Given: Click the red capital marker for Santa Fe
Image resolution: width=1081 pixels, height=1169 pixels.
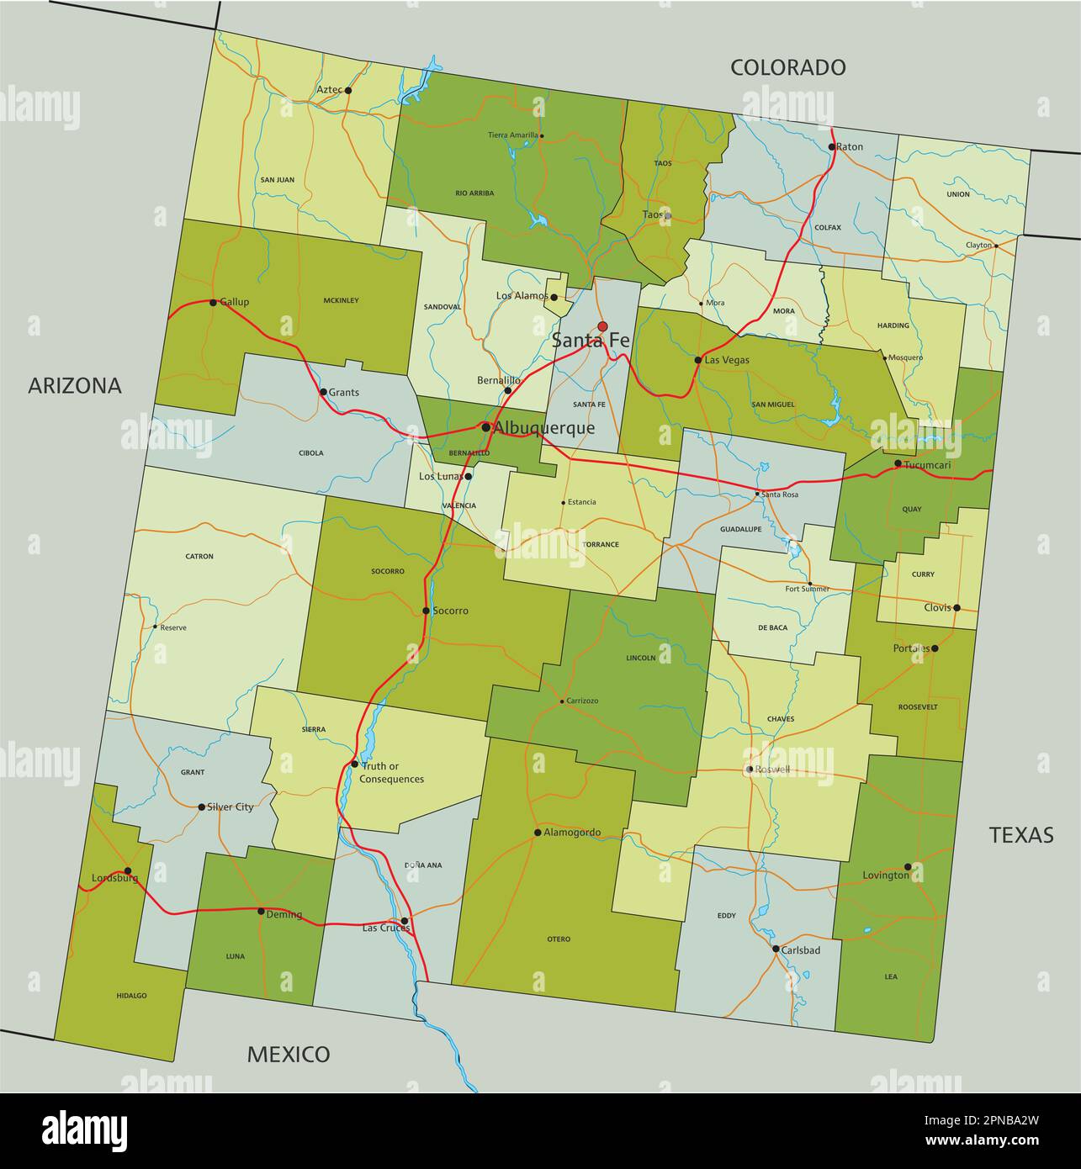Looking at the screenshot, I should click(602, 326).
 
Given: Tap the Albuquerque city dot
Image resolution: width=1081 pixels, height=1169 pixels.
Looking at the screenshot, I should click(485, 427).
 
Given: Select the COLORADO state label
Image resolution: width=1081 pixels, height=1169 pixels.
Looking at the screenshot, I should click(787, 67).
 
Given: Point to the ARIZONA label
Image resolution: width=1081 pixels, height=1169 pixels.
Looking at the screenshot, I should click(75, 385).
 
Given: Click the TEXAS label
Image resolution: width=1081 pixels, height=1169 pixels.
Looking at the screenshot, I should click(1021, 834).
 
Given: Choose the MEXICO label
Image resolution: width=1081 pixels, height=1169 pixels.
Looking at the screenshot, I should click(288, 1054).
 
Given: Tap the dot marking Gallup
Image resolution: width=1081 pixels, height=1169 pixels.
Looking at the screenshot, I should click(213, 302).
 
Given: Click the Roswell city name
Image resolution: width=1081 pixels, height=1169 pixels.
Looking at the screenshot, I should click(772, 770).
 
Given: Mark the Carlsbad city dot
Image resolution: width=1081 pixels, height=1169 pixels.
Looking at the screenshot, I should click(776, 949).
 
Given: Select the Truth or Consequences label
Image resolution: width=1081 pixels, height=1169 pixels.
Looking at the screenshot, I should click(391, 772).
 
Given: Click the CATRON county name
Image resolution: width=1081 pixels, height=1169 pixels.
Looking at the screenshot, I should click(199, 556).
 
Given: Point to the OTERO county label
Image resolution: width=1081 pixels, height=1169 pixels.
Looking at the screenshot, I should click(559, 939).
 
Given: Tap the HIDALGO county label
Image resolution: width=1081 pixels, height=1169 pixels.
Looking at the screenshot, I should click(131, 996).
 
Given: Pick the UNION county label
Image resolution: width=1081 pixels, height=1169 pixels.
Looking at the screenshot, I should click(958, 194).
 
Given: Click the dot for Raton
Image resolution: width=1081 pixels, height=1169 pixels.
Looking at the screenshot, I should click(831, 146).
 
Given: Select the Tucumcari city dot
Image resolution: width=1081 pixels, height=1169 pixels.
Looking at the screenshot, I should click(898, 463).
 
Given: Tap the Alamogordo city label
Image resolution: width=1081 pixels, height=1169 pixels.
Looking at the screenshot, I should click(572, 833).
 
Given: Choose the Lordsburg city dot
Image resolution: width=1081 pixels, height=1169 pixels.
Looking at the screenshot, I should click(127, 871).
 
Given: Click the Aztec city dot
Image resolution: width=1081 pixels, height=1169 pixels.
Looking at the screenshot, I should click(348, 90).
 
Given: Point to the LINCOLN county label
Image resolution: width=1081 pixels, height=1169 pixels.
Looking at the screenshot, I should click(641, 658).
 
